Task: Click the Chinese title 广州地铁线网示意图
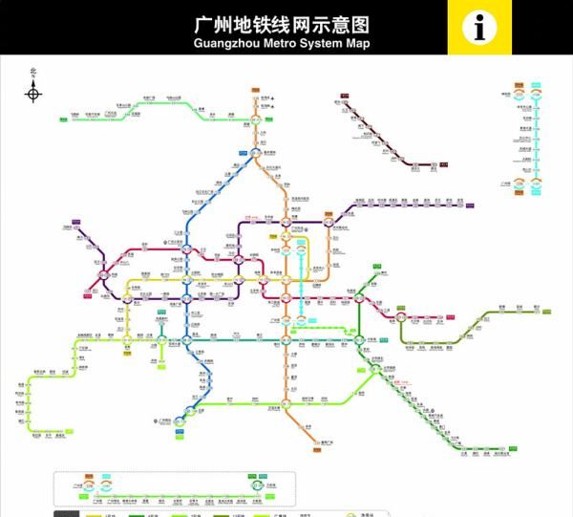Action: click(281, 24)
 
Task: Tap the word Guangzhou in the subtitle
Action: click(223, 44)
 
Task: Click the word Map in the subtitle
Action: click(357, 44)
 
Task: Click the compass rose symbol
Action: click(33, 93)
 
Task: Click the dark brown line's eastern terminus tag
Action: click(444, 165)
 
